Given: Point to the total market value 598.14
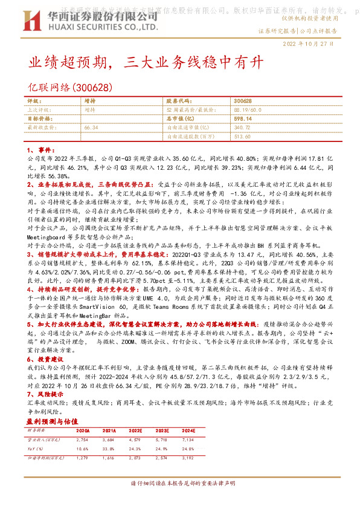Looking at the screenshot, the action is (242, 119).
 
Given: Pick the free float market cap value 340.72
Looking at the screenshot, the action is (242, 128).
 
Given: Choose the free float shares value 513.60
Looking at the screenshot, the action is (242, 137).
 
